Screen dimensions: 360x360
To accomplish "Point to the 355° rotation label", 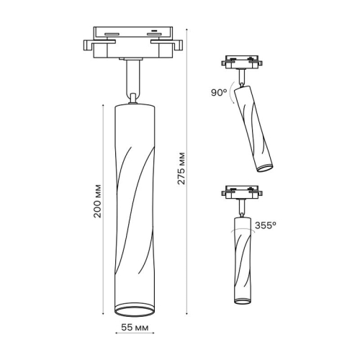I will click(265, 225).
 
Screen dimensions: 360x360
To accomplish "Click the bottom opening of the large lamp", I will click(134, 310).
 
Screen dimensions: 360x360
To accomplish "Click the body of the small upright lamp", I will click(243, 259).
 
